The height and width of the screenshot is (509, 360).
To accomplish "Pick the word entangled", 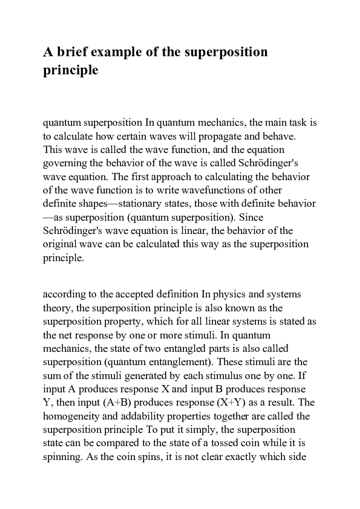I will point(185,348).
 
